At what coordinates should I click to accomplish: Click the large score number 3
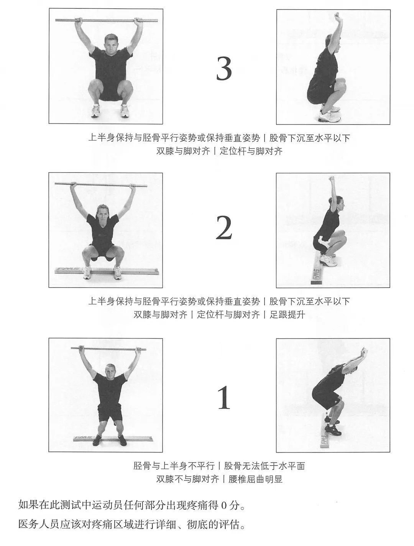tap(224, 68)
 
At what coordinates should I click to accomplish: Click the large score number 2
tap(224, 228)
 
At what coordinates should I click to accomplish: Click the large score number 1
tap(224, 397)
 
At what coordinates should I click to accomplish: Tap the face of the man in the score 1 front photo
tap(110, 373)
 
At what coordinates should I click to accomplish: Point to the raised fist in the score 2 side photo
tap(332, 179)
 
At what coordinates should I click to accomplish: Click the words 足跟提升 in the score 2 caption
tap(287, 315)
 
